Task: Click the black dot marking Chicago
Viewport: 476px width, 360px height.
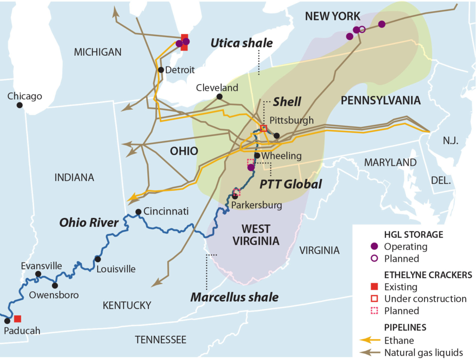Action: (20, 105)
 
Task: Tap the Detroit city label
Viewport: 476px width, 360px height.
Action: (180, 70)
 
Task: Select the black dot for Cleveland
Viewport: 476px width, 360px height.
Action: (219, 97)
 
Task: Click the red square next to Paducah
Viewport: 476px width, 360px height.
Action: (18, 319)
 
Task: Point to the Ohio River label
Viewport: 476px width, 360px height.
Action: (89, 223)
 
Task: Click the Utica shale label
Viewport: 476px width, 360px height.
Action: (241, 43)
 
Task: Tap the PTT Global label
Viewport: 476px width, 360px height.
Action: (291, 184)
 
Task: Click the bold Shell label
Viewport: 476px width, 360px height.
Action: (287, 102)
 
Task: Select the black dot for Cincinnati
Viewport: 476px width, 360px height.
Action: (138, 212)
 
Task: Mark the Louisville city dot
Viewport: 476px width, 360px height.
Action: (98, 259)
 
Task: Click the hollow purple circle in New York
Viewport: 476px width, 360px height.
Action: (363, 29)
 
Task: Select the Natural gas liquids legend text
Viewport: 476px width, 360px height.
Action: (423, 352)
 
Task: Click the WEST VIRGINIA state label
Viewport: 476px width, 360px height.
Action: (256, 235)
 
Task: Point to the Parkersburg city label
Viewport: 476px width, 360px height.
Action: (257, 205)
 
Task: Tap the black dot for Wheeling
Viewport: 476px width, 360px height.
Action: (257, 156)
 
